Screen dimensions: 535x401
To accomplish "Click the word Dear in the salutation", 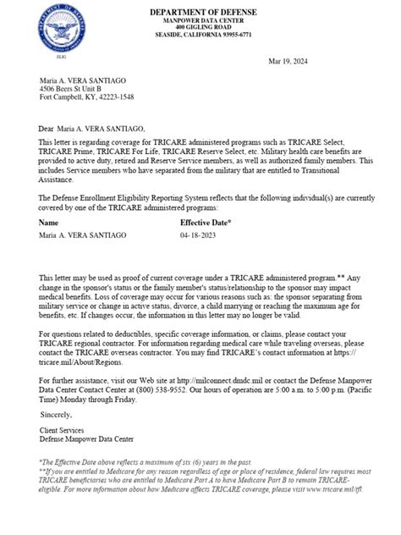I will [47, 127].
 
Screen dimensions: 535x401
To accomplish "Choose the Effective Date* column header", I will [206, 222].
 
